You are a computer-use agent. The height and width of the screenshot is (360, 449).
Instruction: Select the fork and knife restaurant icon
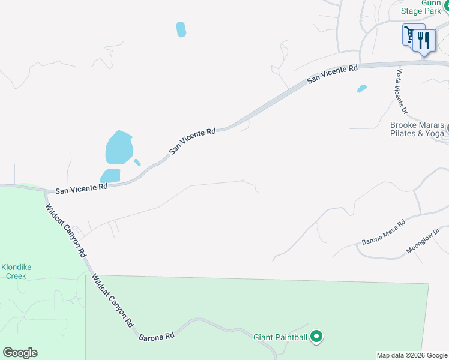[424, 40]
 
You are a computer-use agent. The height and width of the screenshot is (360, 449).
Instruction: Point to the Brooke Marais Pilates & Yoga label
[417, 129]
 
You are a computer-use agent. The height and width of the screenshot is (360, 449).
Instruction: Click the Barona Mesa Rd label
[384, 232]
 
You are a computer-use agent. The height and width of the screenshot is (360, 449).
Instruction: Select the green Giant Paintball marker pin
[316, 337]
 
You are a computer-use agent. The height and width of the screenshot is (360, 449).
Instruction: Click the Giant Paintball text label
[280, 338]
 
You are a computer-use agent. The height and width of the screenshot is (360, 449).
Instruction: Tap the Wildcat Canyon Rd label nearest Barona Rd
[113, 301]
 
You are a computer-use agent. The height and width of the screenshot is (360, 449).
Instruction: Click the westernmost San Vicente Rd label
[81, 188]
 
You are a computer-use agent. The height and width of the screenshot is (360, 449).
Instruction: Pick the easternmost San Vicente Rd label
[333, 75]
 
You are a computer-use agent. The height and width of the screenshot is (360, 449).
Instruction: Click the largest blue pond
[119, 148]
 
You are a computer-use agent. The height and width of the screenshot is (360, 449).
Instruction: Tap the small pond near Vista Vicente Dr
[362, 89]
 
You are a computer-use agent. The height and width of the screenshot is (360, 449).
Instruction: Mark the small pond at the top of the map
[181, 29]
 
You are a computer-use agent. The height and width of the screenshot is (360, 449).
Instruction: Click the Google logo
[20, 353]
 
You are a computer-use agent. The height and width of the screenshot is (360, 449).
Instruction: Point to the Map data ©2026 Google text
[412, 355]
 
